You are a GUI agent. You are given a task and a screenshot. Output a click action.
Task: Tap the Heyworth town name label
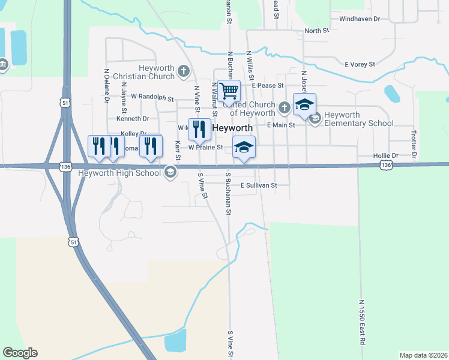232,128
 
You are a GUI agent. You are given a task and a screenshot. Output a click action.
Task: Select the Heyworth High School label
120,173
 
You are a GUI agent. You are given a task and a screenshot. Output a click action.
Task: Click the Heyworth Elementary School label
359,119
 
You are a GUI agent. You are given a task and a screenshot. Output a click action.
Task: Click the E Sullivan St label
259,186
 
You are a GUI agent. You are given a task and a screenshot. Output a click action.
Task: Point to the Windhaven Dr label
360,19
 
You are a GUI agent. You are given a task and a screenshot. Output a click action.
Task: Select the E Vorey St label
360,64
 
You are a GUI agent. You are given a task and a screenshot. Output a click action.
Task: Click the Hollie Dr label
385,155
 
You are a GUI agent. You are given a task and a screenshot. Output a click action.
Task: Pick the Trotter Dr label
414,146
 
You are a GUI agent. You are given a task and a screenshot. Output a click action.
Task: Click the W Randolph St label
152,97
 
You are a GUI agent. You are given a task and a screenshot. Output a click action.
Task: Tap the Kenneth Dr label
132,119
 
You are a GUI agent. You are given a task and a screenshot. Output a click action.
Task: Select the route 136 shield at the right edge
387,164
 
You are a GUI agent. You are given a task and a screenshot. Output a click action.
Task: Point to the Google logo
20,353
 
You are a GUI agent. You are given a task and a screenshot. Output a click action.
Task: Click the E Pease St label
268,86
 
